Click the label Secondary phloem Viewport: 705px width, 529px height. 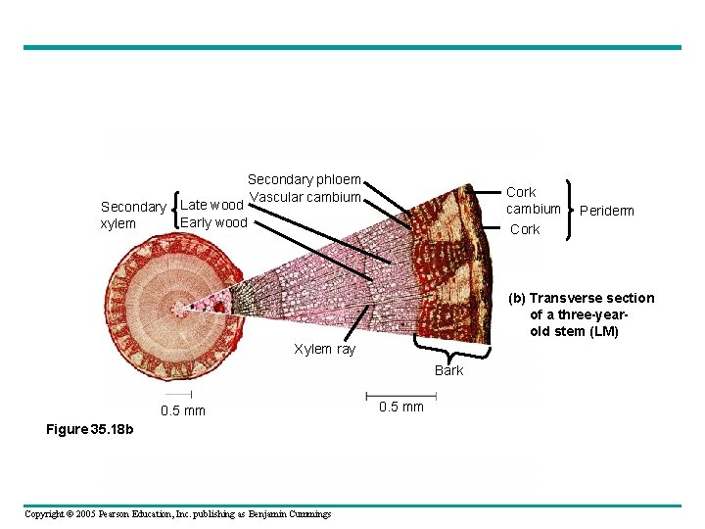point(304,180)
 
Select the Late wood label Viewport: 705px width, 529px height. point(212,205)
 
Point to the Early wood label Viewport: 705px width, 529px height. point(214,222)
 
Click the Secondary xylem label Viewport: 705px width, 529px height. point(133,216)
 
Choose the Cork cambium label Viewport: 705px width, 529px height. point(533,201)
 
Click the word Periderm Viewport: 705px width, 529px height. point(606,211)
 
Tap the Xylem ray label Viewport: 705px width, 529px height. point(325,350)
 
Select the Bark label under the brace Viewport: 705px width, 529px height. point(449,370)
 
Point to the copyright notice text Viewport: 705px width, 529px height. point(177,514)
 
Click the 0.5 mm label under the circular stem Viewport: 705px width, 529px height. point(183,410)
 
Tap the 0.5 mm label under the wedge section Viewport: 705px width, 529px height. point(400,407)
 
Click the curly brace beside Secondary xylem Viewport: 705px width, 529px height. point(174,213)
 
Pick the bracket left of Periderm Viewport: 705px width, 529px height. point(571,209)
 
